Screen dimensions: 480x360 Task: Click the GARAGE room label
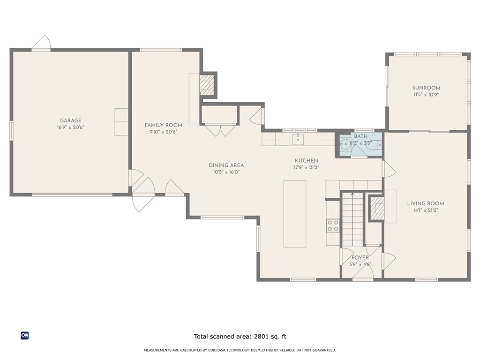(x=71, y=120)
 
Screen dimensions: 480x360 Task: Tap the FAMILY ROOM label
(x=164, y=125)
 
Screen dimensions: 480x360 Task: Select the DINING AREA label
(x=226, y=165)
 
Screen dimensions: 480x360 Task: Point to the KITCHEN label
(x=307, y=161)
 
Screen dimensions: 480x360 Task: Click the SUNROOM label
(x=426, y=88)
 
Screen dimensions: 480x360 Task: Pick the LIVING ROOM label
(x=426, y=203)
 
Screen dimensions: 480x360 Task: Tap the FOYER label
(x=360, y=258)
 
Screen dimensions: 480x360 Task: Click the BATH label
(x=360, y=136)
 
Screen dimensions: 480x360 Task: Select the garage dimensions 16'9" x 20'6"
(x=71, y=127)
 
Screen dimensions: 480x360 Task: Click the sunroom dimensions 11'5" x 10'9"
(x=426, y=95)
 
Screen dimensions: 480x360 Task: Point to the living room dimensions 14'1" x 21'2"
(x=426, y=210)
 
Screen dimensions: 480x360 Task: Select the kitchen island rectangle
(x=295, y=214)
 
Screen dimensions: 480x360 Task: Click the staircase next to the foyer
(x=352, y=219)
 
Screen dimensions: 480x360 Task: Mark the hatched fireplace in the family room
(x=205, y=85)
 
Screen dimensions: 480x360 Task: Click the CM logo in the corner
(x=25, y=336)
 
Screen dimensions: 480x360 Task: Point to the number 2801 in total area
(x=261, y=337)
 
